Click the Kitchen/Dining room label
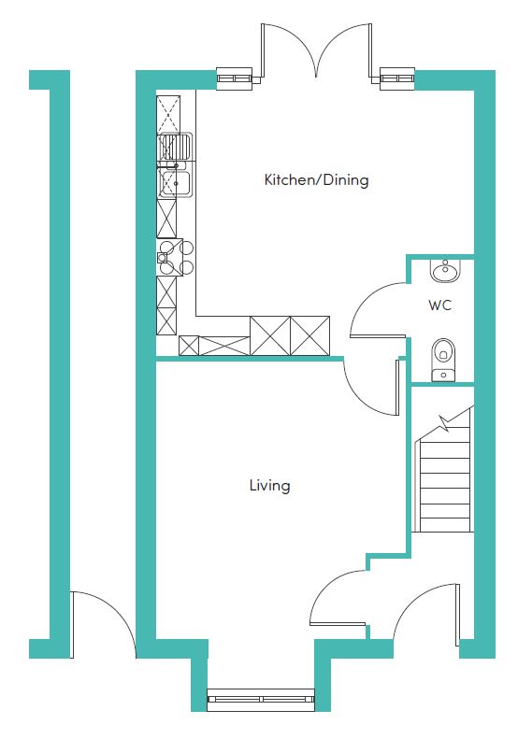point(317,180)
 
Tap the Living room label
point(269,486)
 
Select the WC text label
point(439,305)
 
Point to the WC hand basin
point(445,270)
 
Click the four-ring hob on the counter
point(176,257)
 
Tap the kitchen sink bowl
point(175,183)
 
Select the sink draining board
point(175,147)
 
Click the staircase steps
point(444,485)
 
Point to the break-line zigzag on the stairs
point(447,422)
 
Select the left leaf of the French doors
point(288,50)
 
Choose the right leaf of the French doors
point(344,50)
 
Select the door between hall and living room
point(332,590)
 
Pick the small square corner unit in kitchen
point(188,346)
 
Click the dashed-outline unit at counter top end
point(168,114)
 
